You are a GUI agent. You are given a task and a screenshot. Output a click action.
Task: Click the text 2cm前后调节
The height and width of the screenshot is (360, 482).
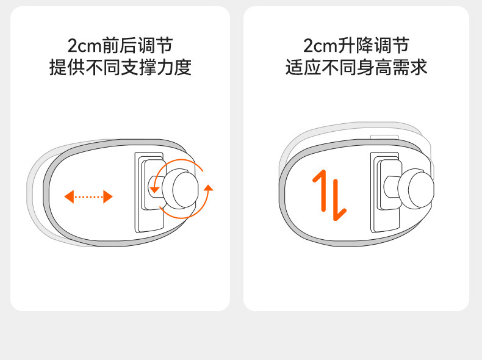(120, 45)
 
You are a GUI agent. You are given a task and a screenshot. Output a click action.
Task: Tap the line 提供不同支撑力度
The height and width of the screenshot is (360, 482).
(120, 67)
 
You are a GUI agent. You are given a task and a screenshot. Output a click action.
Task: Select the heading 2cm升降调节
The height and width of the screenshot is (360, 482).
(356, 45)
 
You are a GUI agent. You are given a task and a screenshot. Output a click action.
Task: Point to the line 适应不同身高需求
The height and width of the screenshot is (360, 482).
(356, 67)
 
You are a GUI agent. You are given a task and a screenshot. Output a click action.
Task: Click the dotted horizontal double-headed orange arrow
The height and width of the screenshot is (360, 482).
(88, 196)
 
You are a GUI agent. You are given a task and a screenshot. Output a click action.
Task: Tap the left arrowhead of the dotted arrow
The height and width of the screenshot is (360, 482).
(69, 196)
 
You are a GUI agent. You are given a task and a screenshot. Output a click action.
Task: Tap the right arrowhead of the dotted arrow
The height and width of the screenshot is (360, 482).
(108, 196)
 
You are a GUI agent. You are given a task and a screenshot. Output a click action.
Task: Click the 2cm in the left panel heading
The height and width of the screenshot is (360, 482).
(82, 46)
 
